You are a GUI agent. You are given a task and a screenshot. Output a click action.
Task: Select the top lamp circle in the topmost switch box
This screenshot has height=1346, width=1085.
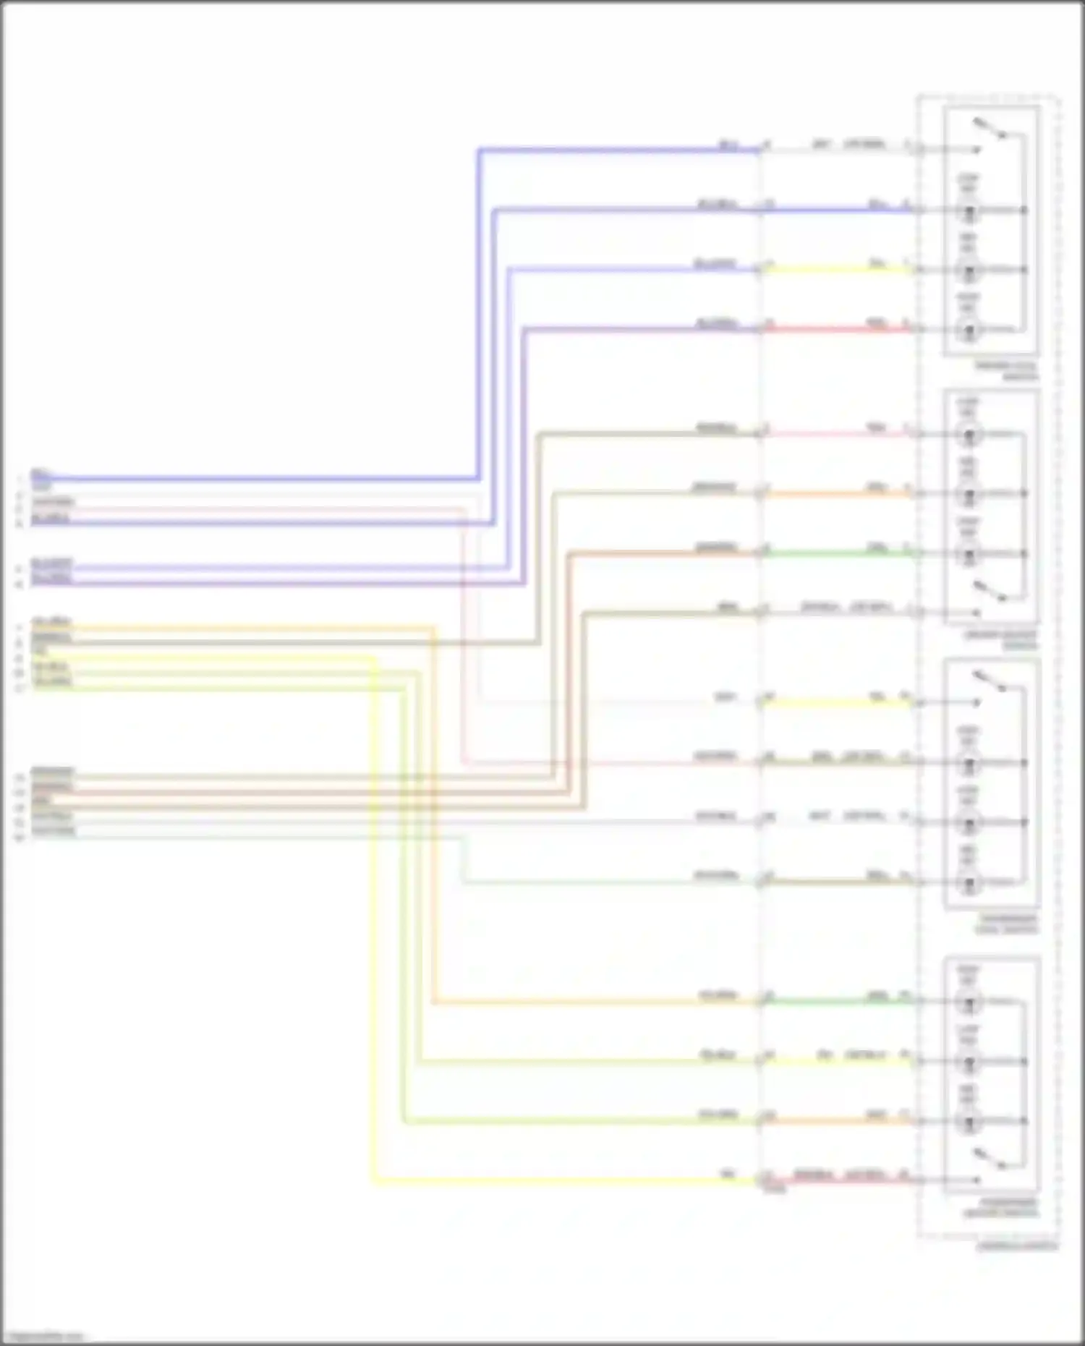coord(969,210)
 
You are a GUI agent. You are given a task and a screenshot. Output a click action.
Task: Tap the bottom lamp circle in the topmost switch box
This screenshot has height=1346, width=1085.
coord(969,331)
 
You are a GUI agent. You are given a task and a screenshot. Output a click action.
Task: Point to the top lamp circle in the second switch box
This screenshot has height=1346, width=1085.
coord(969,435)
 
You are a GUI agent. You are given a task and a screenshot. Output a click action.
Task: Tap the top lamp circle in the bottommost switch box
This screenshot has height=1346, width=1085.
coord(969,1002)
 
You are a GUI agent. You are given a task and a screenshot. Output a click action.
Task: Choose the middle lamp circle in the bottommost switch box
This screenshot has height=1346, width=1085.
coord(969,1062)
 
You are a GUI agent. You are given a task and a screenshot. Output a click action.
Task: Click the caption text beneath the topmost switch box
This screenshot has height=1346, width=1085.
coord(1005,371)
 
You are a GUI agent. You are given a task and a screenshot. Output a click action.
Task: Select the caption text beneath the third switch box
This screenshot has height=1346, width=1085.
coord(1006,924)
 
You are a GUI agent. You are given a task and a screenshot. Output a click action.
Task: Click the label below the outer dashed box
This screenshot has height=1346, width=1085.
coord(1016,1246)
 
